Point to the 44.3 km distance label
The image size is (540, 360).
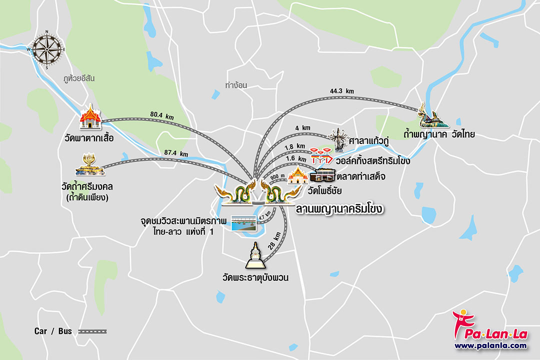point(342,91)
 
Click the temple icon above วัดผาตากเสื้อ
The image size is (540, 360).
point(90,117)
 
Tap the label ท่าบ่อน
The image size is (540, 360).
point(236,85)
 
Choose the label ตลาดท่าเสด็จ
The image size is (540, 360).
point(360,176)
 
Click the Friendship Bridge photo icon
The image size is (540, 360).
point(243,223)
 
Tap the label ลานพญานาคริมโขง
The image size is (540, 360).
point(339,208)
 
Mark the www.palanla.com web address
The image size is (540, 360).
point(490,345)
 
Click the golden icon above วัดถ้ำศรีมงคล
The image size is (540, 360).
point(91,165)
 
